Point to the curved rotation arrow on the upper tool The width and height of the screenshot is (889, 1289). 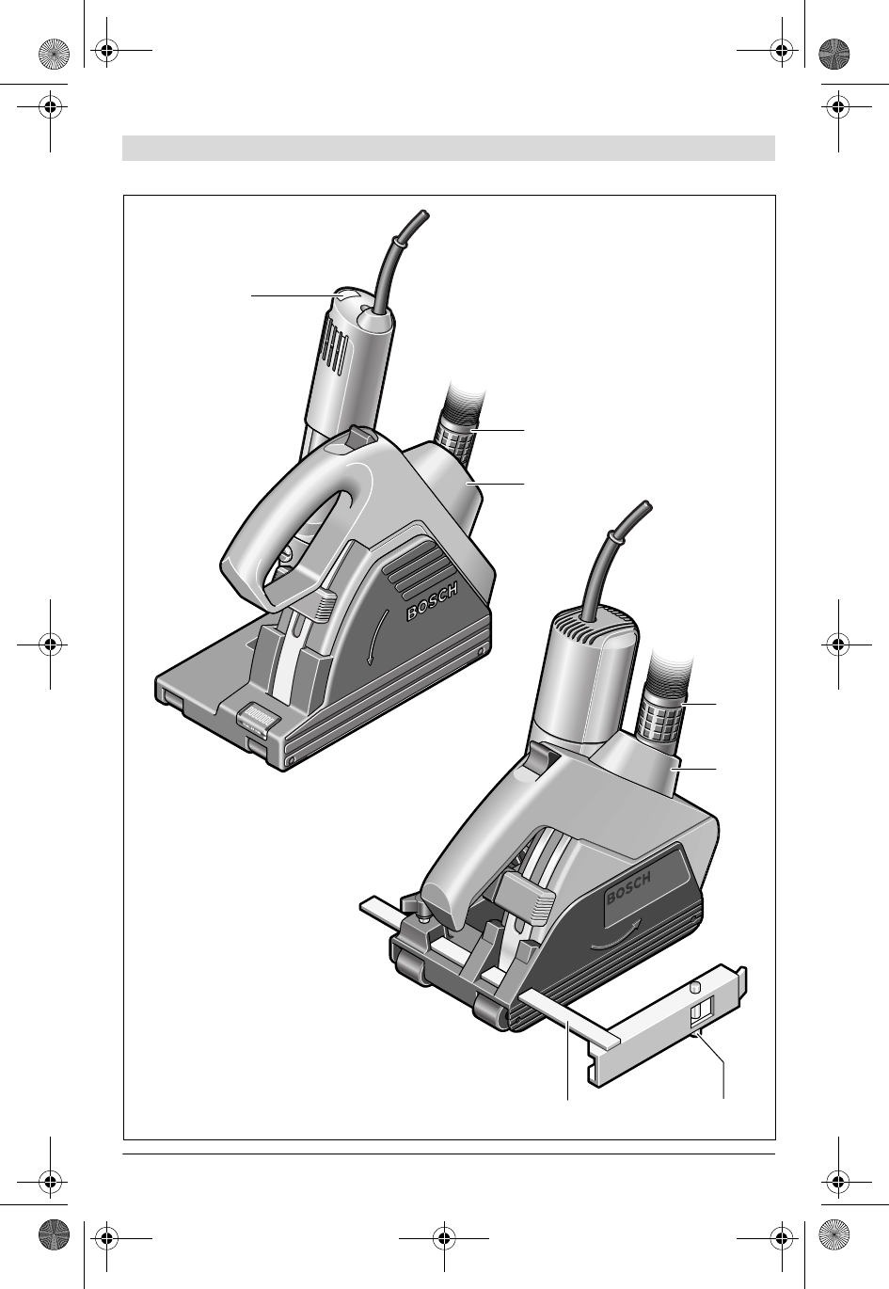pos(377,636)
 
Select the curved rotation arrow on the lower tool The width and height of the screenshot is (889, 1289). pos(615,941)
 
